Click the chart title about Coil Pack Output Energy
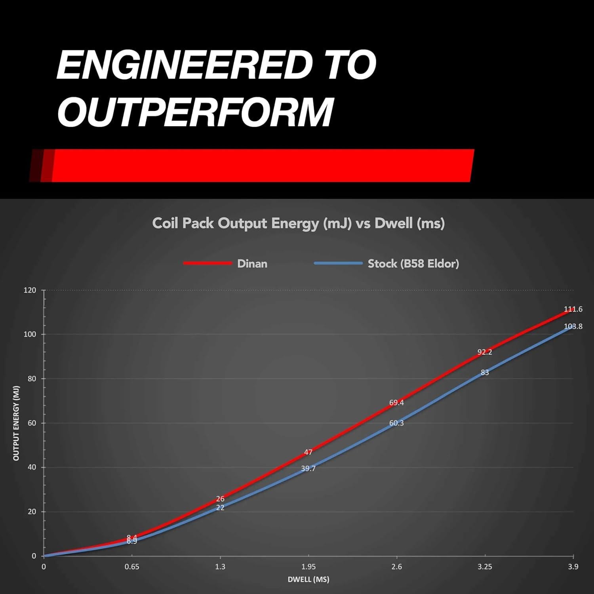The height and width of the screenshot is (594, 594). pos(298,223)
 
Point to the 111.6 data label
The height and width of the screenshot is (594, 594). pos(573,309)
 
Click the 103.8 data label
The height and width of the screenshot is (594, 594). pos(573,327)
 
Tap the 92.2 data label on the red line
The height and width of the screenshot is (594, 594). pos(484,352)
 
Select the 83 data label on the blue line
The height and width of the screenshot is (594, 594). pos(485,373)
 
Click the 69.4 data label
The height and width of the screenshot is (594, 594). pos(396,403)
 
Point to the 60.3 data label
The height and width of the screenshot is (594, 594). pos(396,423)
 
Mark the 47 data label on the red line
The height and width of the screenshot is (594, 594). pos(308,452)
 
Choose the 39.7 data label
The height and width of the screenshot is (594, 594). pos(308,469)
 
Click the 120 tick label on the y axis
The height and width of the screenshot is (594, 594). pos(30,290)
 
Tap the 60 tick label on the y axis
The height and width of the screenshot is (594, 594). pos(31,423)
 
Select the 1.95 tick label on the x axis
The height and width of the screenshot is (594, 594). pos(308,567)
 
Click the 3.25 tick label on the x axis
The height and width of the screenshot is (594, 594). pos(485,567)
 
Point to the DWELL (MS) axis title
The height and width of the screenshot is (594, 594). pos(308,580)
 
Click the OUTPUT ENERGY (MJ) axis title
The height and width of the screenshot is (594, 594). pos(16,423)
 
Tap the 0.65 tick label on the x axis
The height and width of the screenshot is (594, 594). pos(132,567)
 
